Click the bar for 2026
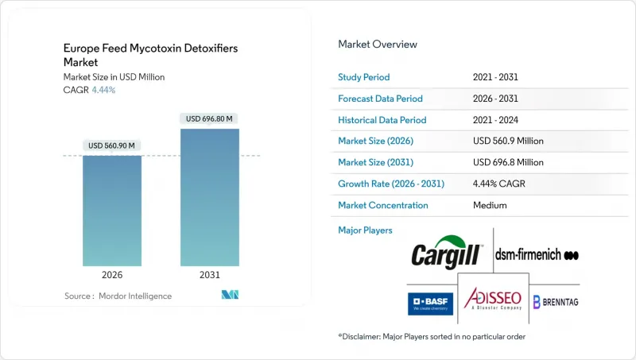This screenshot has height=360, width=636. pos(112,211)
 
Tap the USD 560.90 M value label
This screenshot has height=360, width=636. pos(112,145)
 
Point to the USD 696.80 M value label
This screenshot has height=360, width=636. pos(210,118)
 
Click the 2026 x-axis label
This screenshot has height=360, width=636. pos(112,276)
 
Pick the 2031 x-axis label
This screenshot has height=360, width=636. pos(210,276)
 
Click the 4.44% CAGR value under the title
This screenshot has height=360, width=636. pos(103,90)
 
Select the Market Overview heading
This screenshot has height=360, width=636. pos(378,45)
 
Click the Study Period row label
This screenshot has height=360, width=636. pos(364,77)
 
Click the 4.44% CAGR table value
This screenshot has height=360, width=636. pos(500,184)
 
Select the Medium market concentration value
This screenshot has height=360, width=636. pos(490,205)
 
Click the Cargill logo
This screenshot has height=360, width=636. pos(447,254)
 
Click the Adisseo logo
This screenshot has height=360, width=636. pos(493,300)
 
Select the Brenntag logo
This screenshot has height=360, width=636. pos(556,302)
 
